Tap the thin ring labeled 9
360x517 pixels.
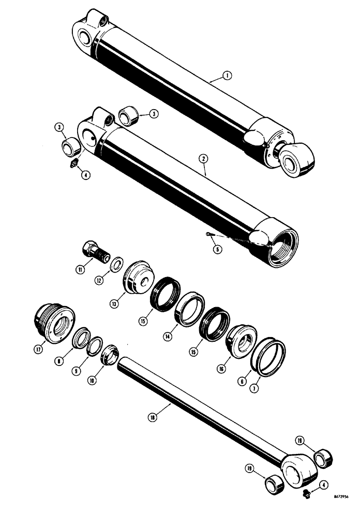94,347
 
